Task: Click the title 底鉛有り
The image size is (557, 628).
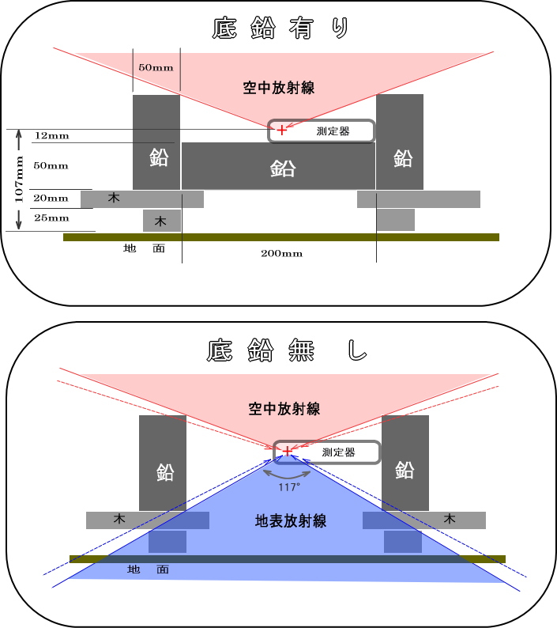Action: coord(280,28)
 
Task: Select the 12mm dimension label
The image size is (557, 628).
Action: coord(51,136)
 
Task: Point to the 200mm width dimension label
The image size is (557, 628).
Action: coord(282,254)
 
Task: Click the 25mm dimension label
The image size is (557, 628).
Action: coord(51,218)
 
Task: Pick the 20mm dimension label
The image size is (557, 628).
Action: coord(51,199)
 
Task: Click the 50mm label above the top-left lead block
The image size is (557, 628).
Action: coord(156,67)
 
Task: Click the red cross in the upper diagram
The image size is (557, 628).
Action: coord(282,130)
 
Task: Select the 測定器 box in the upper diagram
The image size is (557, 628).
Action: coord(322,131)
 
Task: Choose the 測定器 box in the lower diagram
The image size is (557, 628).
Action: coord(327,452)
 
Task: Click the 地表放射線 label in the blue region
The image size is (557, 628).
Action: coord(291,521)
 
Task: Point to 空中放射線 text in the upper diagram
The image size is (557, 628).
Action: coord(278,87)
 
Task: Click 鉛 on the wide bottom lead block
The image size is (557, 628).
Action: coord(282,168)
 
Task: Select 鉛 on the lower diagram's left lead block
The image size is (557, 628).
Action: coord(164,472)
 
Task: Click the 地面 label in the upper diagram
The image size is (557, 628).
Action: coord(145,248)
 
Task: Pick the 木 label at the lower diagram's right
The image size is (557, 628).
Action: coord(450,520)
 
